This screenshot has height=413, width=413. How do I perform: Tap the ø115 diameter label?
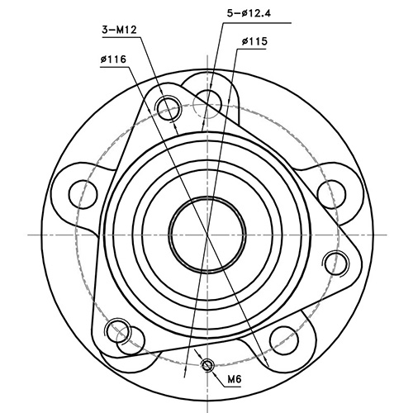259,40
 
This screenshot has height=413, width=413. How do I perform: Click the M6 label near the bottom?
235,380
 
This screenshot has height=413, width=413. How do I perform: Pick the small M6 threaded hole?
207,365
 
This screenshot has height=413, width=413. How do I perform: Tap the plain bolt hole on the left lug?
82,192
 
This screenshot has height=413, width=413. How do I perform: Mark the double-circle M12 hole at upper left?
170,107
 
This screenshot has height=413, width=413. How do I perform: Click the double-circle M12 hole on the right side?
335,263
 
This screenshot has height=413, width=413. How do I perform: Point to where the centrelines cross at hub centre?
206,235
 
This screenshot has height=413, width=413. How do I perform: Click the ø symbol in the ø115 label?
246,40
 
